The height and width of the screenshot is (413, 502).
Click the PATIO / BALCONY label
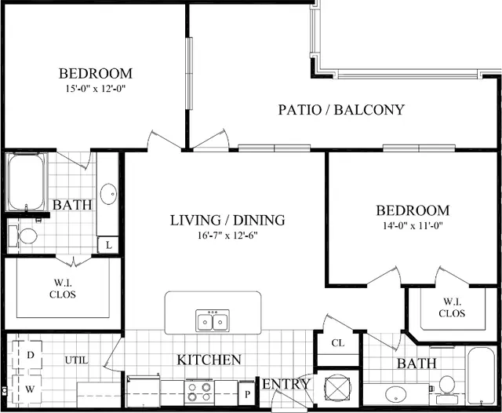tap(341, 110)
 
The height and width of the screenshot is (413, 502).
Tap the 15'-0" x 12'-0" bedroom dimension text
tap(95, 89)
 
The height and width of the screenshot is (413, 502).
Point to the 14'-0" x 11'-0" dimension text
tap(413, 226)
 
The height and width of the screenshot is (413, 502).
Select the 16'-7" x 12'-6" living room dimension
tap(227, 236)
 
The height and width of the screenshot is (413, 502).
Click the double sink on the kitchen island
tap(213, 320)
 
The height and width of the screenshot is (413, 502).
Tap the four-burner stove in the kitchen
tap(199, 393)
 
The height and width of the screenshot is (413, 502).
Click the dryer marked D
tap(27, 355)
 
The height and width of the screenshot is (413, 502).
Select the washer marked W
tap(27, 389)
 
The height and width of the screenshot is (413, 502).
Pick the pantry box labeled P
tap(247, 393)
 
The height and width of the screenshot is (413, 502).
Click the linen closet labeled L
tap(108, 246)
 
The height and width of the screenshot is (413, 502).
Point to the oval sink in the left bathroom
tap(108, 194)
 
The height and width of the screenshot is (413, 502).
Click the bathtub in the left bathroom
tap(26, 182)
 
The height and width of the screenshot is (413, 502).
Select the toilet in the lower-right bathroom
tap(447, 389)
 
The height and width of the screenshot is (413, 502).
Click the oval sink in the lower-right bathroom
tap(396, 394)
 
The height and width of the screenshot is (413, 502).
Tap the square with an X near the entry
tap(337, 389)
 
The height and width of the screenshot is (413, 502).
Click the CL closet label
tap(338, 343)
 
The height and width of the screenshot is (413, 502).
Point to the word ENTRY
tap(286, 384)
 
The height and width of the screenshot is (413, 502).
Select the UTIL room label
tap(77, 360)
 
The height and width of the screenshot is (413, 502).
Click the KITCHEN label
tap(209, 360)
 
